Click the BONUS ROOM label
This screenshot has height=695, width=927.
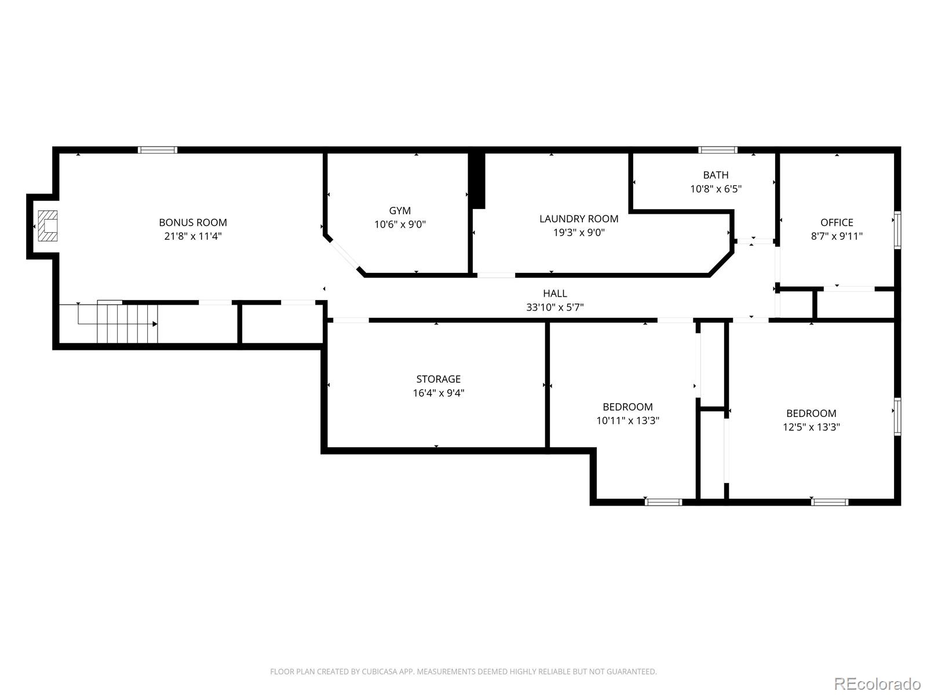(192, 222)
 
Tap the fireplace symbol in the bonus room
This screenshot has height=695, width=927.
(48, 226)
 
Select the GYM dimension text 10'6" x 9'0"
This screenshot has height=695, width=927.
(400, 224)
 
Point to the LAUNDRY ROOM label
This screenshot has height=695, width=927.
(579, 218)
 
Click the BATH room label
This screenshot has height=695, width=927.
(716, 175)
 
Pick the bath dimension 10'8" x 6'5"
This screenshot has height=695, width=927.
(716, 189)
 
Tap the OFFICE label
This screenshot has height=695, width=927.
(837, 222)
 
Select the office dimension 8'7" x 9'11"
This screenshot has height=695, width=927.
(837, 236)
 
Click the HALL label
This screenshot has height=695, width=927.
(555, 293)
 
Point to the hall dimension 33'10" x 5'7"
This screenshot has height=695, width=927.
(555, 307)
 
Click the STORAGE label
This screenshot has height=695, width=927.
(439, 379)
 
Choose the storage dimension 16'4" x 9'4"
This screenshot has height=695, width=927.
(439, 393)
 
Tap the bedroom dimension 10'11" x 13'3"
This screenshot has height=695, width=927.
(627, 420)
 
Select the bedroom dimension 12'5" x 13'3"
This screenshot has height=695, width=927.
(811, 427)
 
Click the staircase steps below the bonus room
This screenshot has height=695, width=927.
(127, 324)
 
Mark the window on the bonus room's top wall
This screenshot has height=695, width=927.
(158, 150)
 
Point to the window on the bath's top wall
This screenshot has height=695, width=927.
(718, 150)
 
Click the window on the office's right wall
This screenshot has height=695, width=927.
(897, 229)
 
